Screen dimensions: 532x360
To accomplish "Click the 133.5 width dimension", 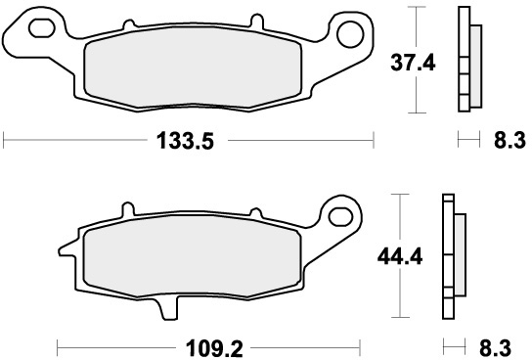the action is click(x=185, y=141).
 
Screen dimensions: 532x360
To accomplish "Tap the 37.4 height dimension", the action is click(x=413, y=63).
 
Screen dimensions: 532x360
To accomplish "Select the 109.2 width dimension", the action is click(x=214, y=348).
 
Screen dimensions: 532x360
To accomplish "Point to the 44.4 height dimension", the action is click(x=400, y=256).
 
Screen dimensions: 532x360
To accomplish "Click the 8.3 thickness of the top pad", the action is click(x=510, y=140).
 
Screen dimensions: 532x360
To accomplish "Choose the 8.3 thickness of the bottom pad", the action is click(x=496, y=348).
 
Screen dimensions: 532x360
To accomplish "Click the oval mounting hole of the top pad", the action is click(x=42, y=28).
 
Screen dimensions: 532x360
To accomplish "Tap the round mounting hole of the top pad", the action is click(x=350, y=34).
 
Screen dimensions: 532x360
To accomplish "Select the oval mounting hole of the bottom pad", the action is click(x=340, y=217).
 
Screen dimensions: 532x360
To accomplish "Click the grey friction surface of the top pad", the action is click(x=193, y=67).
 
